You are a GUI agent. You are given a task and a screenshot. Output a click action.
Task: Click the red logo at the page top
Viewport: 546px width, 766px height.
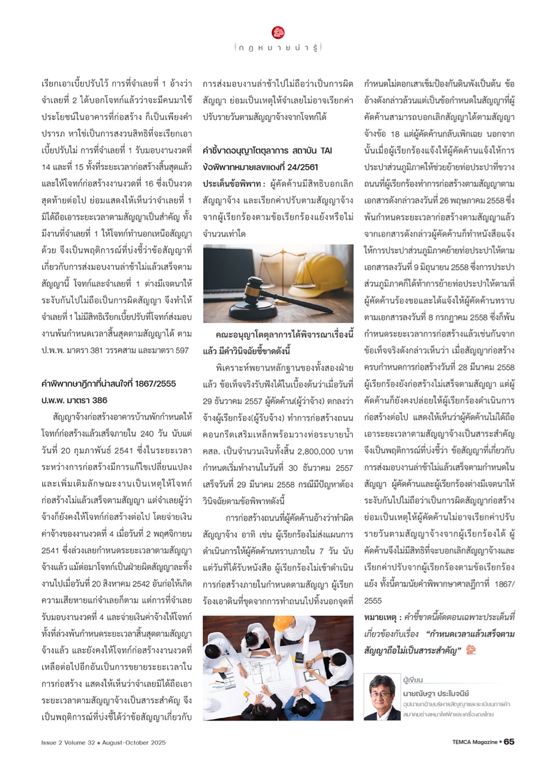click(278, 32)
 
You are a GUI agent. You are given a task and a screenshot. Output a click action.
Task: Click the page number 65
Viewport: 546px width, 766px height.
click(509, 742)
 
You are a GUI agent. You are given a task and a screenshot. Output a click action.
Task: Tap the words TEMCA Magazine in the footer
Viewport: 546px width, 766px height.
click(474, 742)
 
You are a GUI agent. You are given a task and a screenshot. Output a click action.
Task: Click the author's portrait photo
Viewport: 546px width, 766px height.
click(382, 697)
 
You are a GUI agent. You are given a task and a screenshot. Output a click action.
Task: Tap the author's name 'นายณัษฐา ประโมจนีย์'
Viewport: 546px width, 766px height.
click(436, 693)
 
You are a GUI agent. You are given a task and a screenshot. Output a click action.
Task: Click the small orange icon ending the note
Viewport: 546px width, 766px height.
click(470, 650)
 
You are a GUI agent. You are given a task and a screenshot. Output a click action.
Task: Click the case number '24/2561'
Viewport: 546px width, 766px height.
click(303, 167)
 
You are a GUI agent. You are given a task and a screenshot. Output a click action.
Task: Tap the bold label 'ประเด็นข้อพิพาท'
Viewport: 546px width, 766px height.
click(231, 184)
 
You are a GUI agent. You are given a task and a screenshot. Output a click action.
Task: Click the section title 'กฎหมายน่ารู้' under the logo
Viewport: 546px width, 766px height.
click(278, 48)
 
